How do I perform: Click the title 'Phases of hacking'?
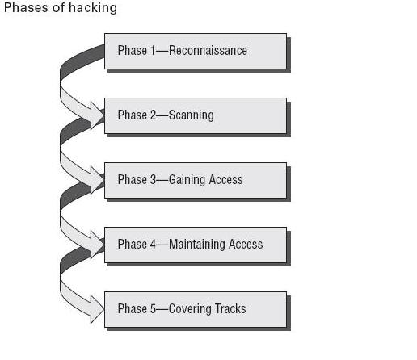[61, 8]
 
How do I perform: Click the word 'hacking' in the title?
[95, 8]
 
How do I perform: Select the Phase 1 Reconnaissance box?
[195, 51]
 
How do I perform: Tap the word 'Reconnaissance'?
[208, 51]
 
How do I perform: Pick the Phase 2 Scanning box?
[195, 115]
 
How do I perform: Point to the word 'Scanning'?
[191, 115]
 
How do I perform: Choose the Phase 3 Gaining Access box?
[195, 180]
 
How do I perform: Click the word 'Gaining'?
[188, 180]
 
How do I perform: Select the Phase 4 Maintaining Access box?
[195, 245]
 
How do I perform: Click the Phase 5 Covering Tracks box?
[195, 309]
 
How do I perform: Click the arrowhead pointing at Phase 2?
[97, 115]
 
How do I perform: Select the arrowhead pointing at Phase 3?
[97, 179]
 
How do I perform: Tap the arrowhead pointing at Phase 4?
[97, 244]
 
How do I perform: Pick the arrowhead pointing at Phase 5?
[97, 308]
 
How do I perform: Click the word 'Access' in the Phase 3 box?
[226, 180]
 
